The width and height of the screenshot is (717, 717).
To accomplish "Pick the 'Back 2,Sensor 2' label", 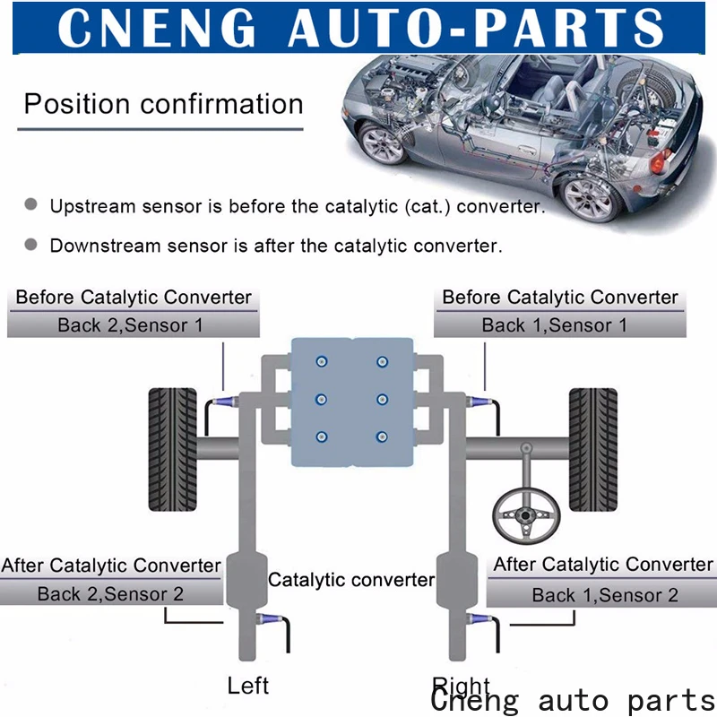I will pyautogui.click(x=110, y=593).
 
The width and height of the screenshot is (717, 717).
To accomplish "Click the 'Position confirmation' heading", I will pyautogui.click(x=163, y=104).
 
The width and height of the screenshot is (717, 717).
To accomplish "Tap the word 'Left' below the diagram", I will pyautogui.click(x=248, y=687).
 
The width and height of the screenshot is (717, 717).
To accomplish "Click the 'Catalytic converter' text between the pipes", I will pyautogui.click(x=351, y=580).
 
